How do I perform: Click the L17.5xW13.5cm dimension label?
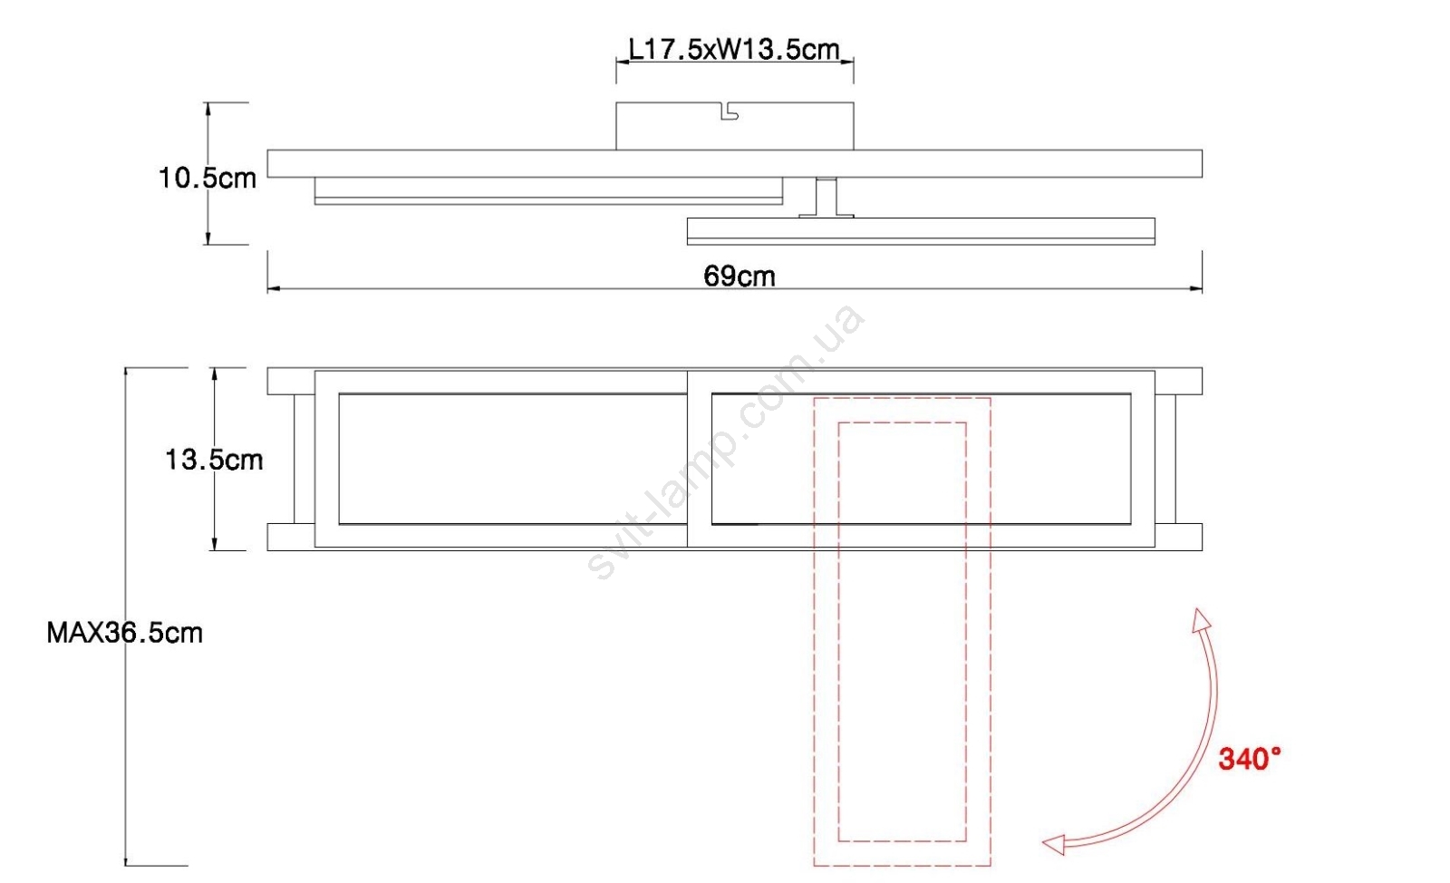734,49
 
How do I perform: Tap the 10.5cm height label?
208,178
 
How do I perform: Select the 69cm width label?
739,277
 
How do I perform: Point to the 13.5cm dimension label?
214,460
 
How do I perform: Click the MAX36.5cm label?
125,633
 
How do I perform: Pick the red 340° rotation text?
1250,759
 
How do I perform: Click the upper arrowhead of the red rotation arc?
1200,619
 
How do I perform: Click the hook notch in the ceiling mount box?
730,112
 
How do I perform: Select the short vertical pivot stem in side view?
826,197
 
